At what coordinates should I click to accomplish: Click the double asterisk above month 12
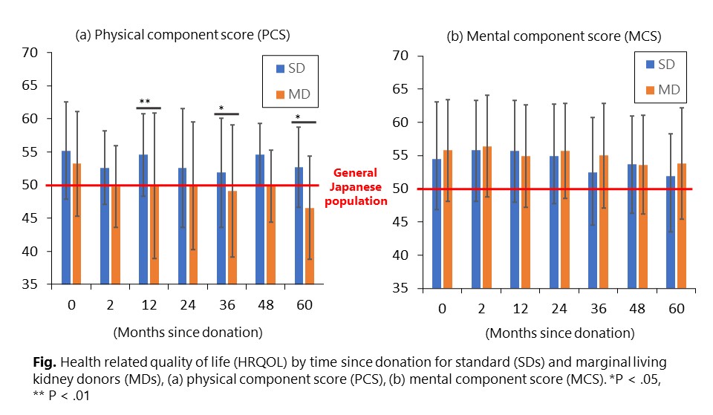(x=145, y=102)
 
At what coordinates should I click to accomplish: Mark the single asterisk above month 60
(x=299, y=117)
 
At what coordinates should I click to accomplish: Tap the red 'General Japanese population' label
(x=359, y=186)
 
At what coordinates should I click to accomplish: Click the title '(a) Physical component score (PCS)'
(x=183, y=34)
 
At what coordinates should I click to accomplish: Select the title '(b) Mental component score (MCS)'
(x=553, y=36)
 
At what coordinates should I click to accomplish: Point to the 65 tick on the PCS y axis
(x=30, y=85)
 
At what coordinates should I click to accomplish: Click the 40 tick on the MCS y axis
(x=400, y=255)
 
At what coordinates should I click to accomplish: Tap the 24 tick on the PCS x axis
(x=187, y=304)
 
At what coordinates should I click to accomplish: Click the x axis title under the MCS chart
(x=560, y=333)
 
